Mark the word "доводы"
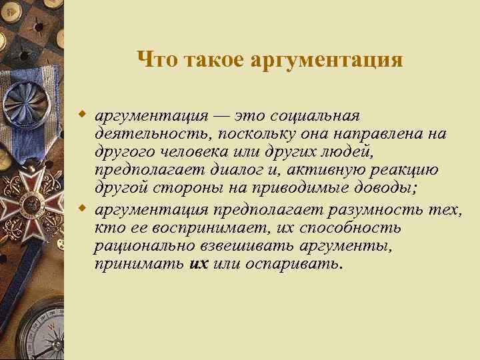pyautogui.click(x=385, y=189)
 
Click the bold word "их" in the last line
pyautogui.click(x=199, y=264)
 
